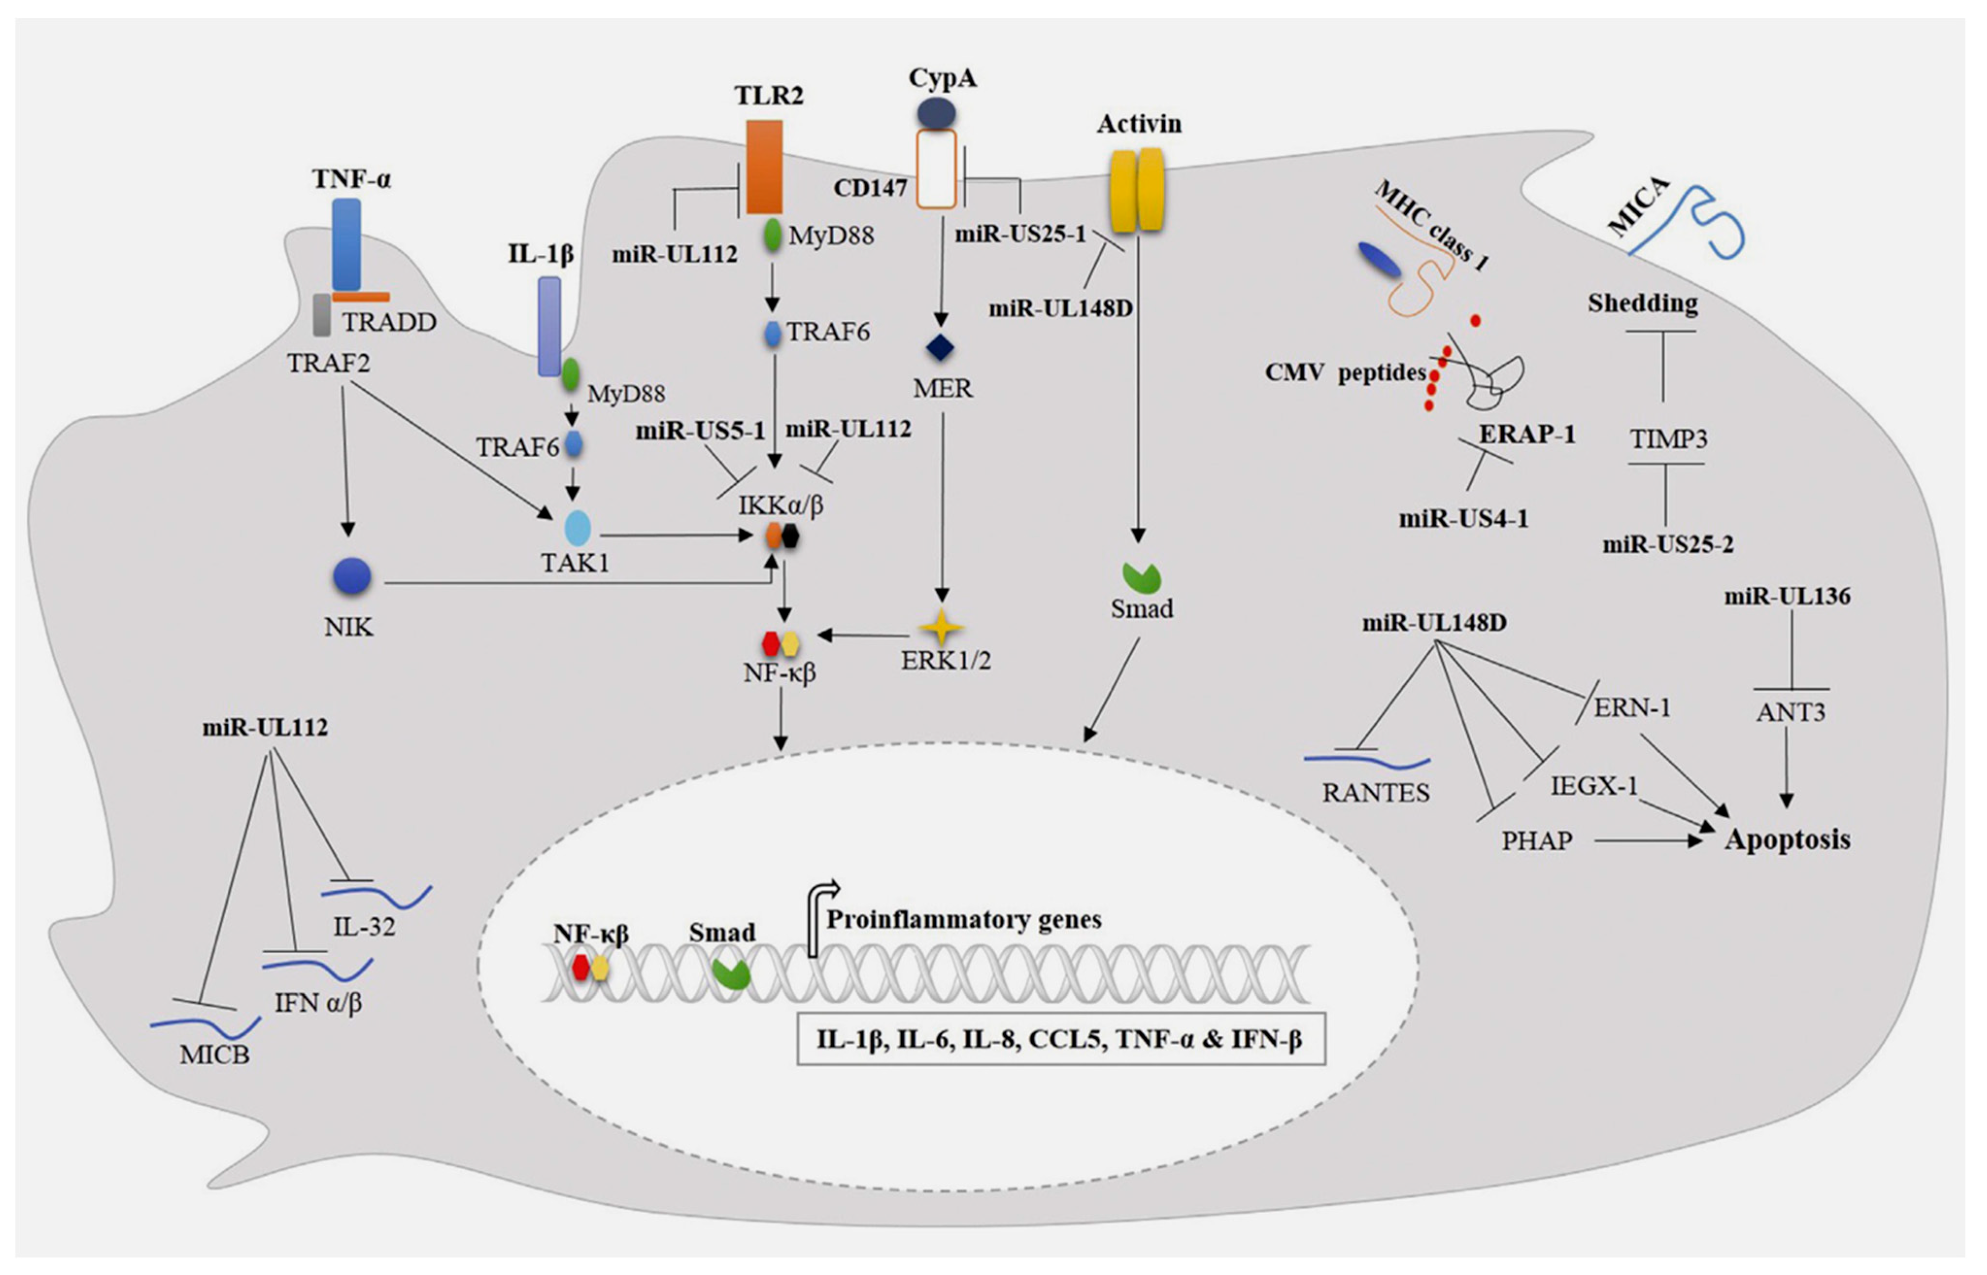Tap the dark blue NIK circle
(352, 577)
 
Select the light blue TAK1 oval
(577, 528)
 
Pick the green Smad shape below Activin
(1142, 578)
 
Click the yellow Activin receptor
(1137, 190)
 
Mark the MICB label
(215, 1054)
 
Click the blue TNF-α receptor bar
(346, 244)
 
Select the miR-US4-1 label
(1463, 519)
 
